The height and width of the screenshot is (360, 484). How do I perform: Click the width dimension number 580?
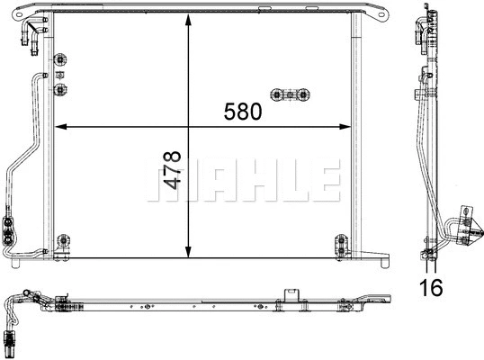tap(243, 112)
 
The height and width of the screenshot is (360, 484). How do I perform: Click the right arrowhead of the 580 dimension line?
tap(345, 125)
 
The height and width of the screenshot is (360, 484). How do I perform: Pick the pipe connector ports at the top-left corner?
tap(23, 33)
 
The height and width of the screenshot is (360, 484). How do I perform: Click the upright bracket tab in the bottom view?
tap(290, 295)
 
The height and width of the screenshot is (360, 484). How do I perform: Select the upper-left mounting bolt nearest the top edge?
tap(61, 60)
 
